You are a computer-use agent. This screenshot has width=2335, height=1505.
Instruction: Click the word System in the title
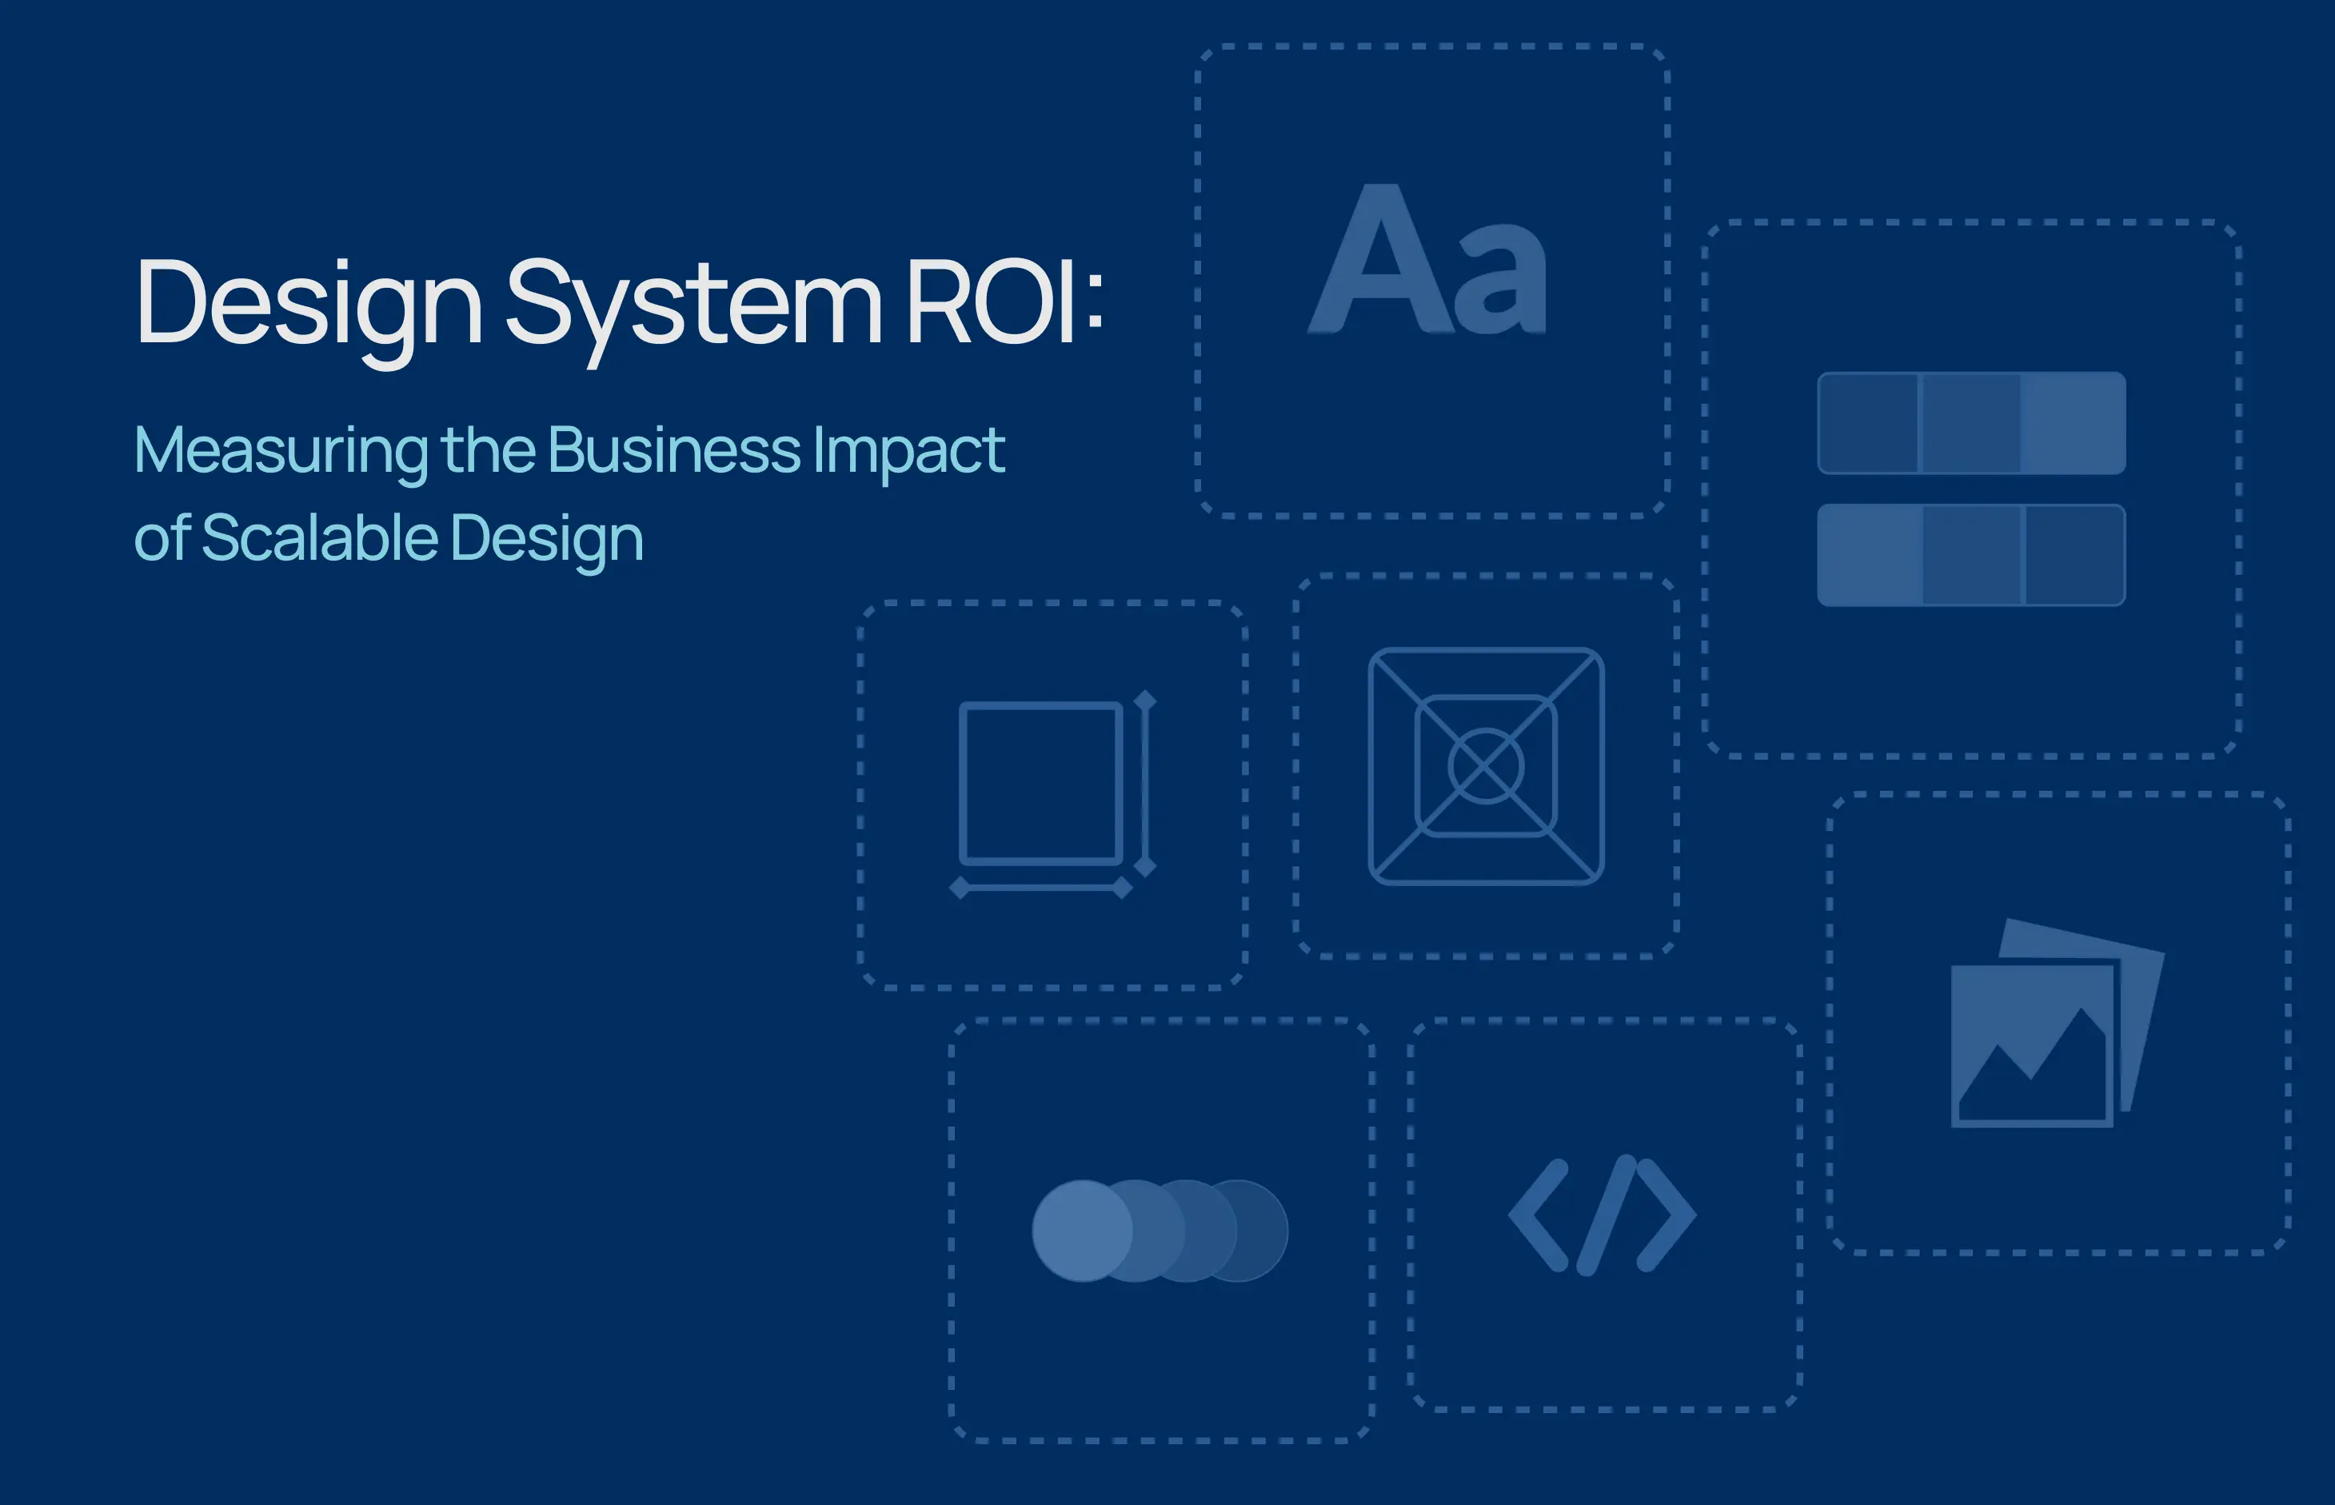coord(693,308)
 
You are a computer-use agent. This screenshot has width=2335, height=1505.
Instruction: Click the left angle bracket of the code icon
coord(1539,1215)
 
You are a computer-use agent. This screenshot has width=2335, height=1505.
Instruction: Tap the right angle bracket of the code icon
coord(1666,1215)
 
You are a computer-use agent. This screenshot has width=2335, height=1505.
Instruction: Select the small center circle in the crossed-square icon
coord(1485,766)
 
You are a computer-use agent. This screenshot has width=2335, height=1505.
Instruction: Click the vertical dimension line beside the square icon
coord(1145,783)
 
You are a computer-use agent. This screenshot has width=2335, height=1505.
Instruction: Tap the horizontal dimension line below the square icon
coord(1041,888)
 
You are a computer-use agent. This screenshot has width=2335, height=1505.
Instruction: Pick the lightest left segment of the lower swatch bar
coord(1870,555)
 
